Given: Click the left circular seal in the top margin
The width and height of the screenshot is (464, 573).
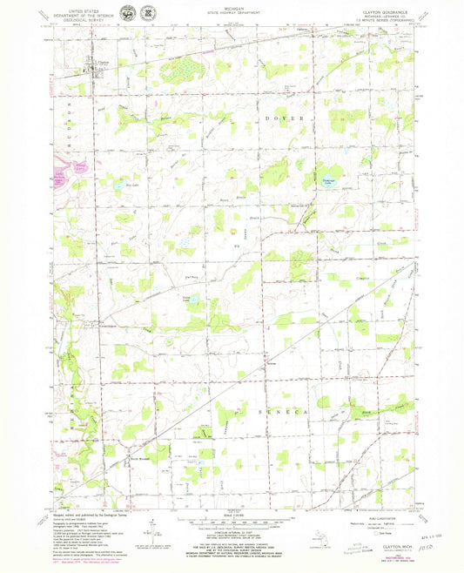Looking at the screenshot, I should (129, 13).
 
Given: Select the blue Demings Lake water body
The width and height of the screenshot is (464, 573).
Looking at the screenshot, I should (326, 174).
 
